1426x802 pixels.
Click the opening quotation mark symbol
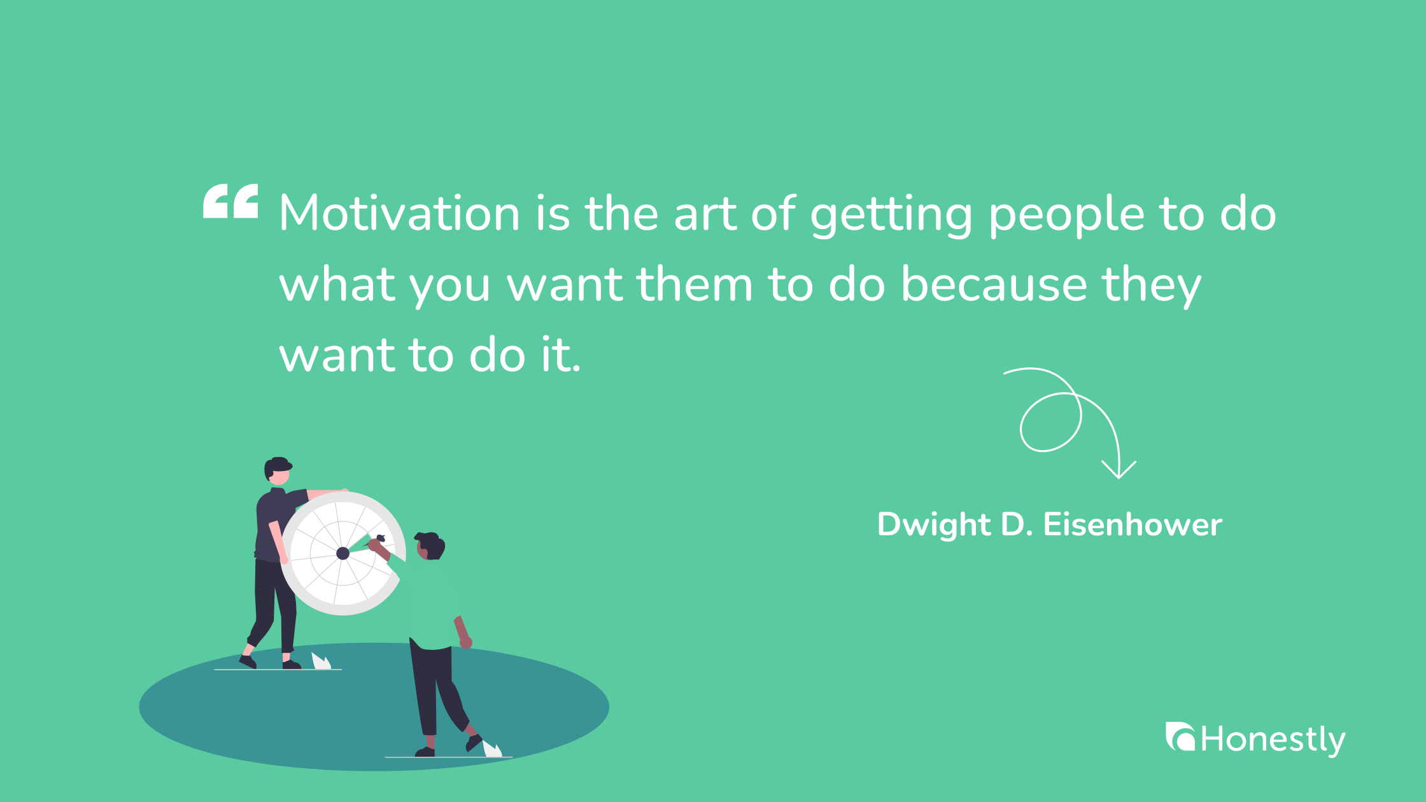coord(230,201)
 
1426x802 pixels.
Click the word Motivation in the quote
coord(399,213)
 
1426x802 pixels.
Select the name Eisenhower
coord(1133,525)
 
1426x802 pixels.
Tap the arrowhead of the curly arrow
coord(1119,471)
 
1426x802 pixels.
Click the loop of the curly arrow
coord(1050,423)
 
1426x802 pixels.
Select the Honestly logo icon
coord(1180,736)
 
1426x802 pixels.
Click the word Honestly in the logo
coord(1273,740)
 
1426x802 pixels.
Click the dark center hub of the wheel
coord(342,553)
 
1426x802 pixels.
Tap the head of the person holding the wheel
coord(278,470)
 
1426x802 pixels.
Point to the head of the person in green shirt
coord(430,545)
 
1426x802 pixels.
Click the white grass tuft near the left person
coord(321,661)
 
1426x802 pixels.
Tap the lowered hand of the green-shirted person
coord(466,642)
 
